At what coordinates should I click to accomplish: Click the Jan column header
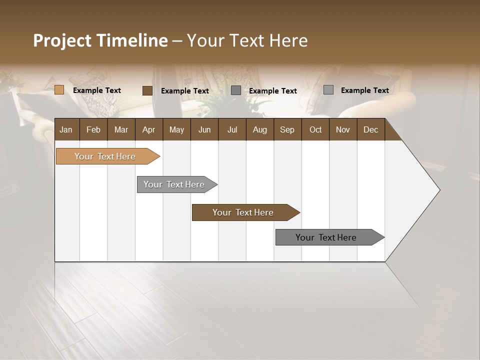(x=66, y=129)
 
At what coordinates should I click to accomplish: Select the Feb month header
(x=93, y=129)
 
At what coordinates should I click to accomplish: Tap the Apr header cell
(x=148, y=129)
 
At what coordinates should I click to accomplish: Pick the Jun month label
(x=204, y=129)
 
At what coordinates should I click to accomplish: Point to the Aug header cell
(x=259, y=129)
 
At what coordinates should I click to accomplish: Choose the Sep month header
(x=287, y=129)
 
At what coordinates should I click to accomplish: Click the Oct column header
(x=315, y=129)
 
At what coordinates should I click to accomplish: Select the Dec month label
(x=370, y=129)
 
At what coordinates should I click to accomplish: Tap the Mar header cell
(x=121, y=129)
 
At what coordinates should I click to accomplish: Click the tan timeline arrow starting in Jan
(x=105, y=156)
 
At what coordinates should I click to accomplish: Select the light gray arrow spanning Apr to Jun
(x=174, y=184)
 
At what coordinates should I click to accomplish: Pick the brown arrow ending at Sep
(x=243, y=212)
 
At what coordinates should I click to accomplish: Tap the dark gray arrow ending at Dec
(x=326, y=237)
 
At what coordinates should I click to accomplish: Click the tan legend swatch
(x=59, y=90)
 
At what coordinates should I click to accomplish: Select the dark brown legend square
(x=147, y=90)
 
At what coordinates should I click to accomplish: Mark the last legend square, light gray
(x=328, y=90)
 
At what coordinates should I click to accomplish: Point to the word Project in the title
(x=62, y=40)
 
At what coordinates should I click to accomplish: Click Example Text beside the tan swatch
(x=97, y=90)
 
